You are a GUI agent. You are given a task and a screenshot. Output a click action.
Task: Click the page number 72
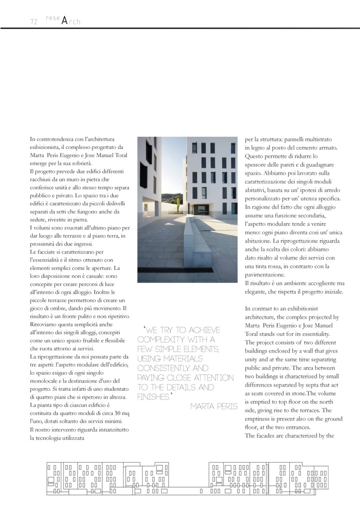tap(34, 22)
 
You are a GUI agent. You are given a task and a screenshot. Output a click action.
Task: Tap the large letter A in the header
tap(64, 20)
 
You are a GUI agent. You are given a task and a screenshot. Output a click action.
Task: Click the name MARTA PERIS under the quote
tap(214, 406)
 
